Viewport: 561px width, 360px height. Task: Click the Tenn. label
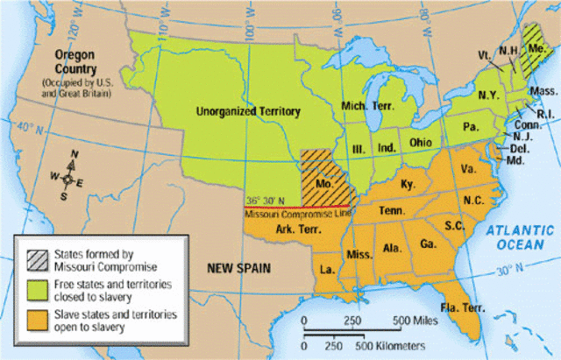click(x=390, y=211)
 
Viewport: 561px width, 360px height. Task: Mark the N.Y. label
click(x=490, y=93)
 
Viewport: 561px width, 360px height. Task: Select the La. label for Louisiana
click(x=328, y=268)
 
